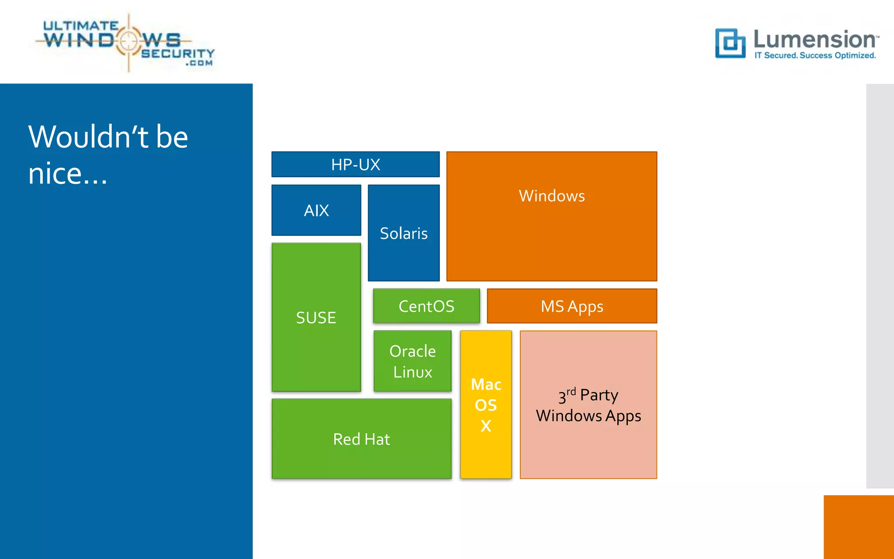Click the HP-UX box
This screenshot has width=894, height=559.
(355, 165)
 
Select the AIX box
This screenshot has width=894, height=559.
(316, 210)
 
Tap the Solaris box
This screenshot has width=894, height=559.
(403, 233)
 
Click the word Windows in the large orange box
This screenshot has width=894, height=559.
(552, 196)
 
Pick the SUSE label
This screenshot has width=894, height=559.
(316, 317)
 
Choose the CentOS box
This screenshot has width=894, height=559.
(426, 306)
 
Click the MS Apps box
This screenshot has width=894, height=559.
(572, 306)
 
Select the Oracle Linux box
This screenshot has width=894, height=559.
(413, 361)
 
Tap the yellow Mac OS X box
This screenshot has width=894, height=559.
(486, 405)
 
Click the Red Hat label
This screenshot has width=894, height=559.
(361, 439)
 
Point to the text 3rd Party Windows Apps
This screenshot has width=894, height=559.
(588, 405)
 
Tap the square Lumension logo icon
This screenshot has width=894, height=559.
(730, 43)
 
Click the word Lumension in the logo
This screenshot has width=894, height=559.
(815, 39)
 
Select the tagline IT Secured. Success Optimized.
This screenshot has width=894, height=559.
(815, 55)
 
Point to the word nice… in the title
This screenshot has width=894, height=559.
(68, 173)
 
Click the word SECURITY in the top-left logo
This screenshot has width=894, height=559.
(178, 53)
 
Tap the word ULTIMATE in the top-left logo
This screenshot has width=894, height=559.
(80, 26)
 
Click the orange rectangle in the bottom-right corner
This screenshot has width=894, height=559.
(859, 527)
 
